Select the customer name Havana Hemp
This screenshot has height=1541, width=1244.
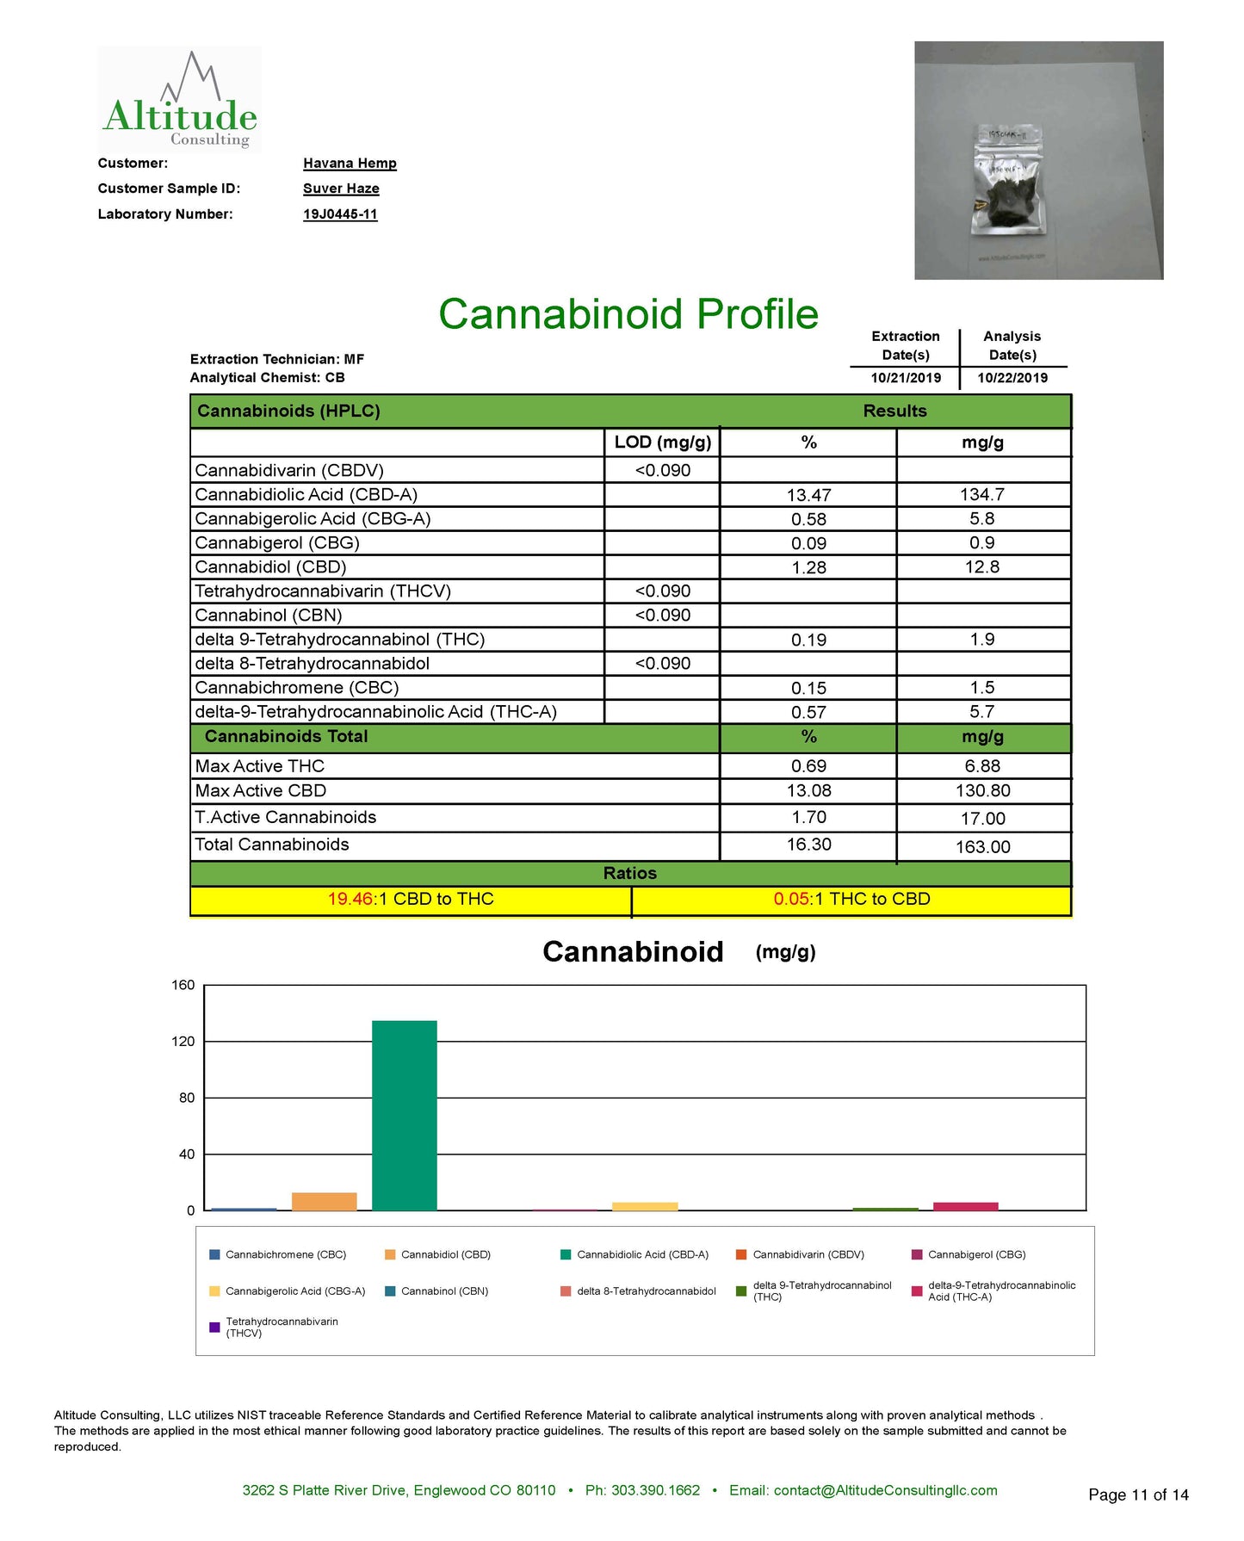click(x=350, y=164)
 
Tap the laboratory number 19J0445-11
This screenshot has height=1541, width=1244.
click(x=340, y=214)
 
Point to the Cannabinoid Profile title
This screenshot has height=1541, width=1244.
click(x=628, y=314)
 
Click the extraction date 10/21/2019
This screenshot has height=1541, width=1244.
click(x=906, y=378)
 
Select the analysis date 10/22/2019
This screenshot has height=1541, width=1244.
click(x=1012, y=378)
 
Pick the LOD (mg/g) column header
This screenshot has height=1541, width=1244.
click(x=662, y=442)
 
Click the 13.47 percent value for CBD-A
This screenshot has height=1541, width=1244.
click(x=808, y=495)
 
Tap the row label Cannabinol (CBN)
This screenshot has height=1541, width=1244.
click(x=269, y=616)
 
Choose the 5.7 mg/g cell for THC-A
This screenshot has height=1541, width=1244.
click(x=982, y=712)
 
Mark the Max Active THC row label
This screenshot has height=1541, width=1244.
click(x=260, y=766)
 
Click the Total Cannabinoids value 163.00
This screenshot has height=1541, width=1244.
click(x=982, y=847)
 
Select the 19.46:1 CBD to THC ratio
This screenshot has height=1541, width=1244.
click(x=411, y=900)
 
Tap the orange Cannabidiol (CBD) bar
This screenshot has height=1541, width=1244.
click(x=324, y=1202)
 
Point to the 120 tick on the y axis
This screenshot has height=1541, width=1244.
click(x=183, y=1042)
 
